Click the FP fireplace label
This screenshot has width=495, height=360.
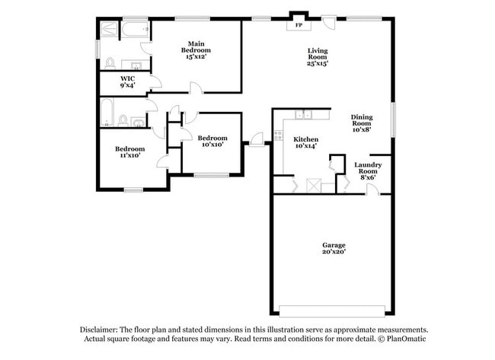pyautogui.click(x=299, y=26)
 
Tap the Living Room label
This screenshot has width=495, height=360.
pyautogui.click(x=318, y=51)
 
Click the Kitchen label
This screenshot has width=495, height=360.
pyautogui.click(x=306, y=139)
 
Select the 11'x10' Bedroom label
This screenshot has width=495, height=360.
pyautogui.click(x=129, y=149)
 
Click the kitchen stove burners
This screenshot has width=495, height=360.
pyautogui.click(x=278, y=137)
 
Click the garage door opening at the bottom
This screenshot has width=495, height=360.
pyautogui.click(x=333, y=311)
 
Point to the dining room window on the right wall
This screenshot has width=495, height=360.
pyautogui.click(x=394, y=118)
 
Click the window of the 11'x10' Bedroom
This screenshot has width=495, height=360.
pyautogui.click(x=134, y=189)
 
